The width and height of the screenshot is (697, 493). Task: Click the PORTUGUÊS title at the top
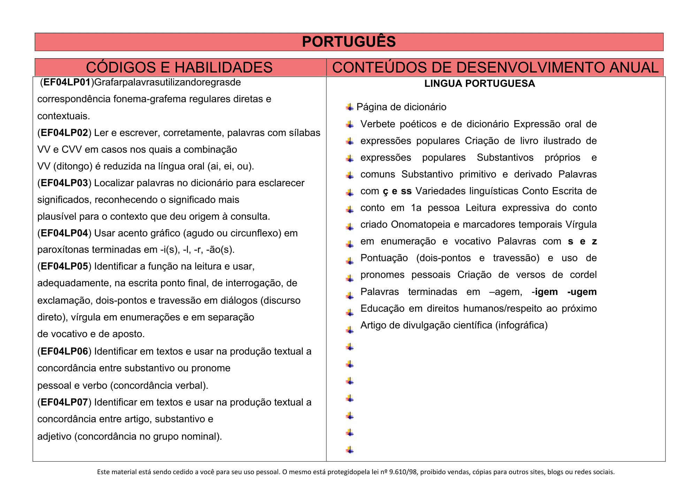point(348,42)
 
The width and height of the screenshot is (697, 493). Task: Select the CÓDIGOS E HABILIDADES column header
point(179,67)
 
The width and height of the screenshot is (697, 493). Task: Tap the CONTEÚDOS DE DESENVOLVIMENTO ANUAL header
point(495,67)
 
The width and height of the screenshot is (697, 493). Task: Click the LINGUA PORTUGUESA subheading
point(480,84)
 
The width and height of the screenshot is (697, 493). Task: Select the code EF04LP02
point(64,133)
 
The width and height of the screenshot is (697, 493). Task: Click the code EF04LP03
point(64,183)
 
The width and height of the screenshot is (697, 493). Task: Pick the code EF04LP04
point(64,233)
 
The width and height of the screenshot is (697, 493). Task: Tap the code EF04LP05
point(64,266)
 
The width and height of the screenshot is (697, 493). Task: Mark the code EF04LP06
point(64,351)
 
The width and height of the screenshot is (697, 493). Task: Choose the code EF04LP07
point(64,402)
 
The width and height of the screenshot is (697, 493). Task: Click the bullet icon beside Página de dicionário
point(350,107)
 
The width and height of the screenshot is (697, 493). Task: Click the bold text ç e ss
point(397,191)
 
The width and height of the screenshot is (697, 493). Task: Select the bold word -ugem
point(582,292)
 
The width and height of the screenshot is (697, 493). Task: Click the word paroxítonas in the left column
point(63,250)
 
